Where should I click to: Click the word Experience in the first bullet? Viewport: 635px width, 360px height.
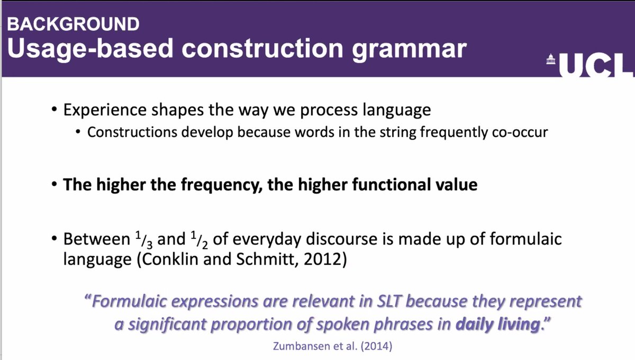(102, 111)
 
